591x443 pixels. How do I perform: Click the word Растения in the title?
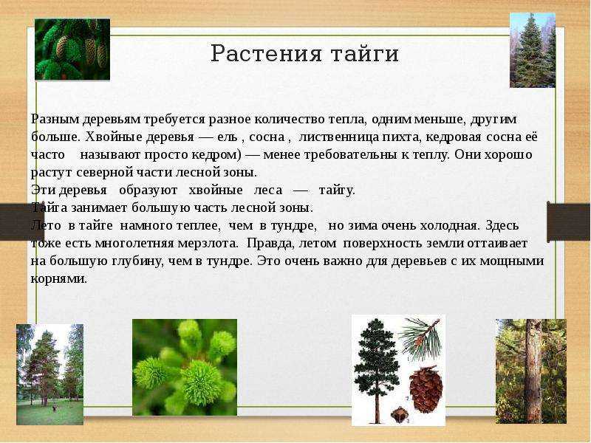pos(266,53)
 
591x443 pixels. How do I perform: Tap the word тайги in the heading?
pos(365,54)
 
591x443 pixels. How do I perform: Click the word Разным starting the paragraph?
pos(55,120)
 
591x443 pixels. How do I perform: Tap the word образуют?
pos(148,190)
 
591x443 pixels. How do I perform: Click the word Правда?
pos(271,244)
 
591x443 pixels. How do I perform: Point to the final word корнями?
pos(59,280)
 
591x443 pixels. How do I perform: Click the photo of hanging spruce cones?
pos(72,49)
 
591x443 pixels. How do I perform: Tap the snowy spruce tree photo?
pos(532,50)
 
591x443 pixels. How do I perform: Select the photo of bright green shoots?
pos(185,367)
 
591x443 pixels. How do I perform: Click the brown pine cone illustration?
pos(426,389)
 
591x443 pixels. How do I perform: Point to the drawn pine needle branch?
pos(420,338)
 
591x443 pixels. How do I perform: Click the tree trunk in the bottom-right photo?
pos(533,371)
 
